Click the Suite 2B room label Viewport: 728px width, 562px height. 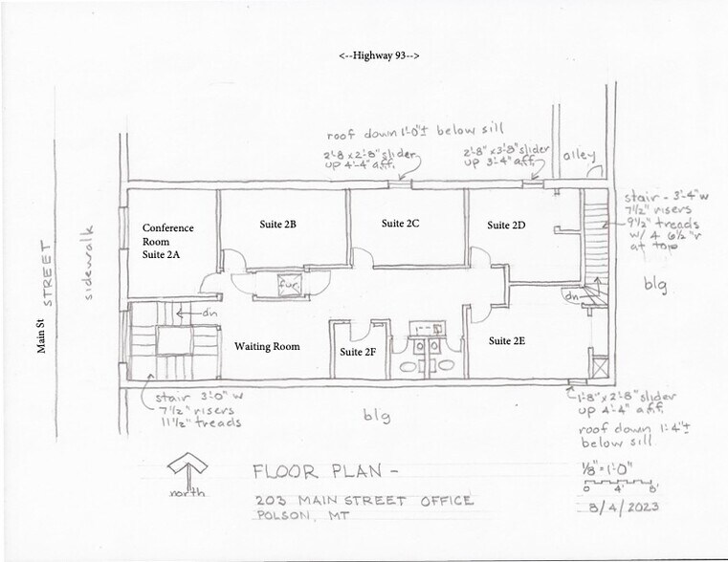coord(277,225)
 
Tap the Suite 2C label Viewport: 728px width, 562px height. coord(400,224)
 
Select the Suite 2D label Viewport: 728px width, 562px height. coord(506,226)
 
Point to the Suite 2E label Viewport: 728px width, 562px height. coord(507,340)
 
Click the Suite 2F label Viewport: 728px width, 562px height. coord(359,352)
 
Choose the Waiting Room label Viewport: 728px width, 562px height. coord(268,346)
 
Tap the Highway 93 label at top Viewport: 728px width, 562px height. coord(379,56)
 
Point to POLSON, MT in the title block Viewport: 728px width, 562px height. coord(298,517)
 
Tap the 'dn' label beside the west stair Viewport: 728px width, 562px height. coord(209,313)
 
